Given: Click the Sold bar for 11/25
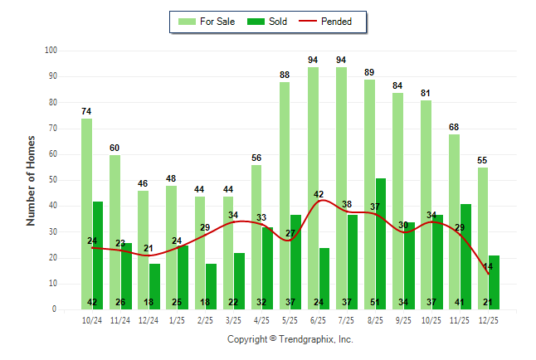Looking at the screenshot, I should (x=465, y=256).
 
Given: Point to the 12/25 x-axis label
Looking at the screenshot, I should (x=488, y=319).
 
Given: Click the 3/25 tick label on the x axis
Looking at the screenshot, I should (x=234, y=319).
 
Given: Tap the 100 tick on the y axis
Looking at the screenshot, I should (x=51, y=51).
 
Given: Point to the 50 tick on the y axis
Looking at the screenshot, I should (x=52, y=180).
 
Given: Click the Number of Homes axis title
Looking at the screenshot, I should (x=31, y=180).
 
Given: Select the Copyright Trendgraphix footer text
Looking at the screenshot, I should (x=290, y=339).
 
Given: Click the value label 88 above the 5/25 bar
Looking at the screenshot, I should (x=285, y=75).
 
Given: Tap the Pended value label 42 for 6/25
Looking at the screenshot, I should (x=319, y=194).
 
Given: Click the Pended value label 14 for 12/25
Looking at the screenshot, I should (x=488, y=266).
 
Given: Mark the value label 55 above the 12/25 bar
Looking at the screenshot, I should (x=482, y=160).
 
